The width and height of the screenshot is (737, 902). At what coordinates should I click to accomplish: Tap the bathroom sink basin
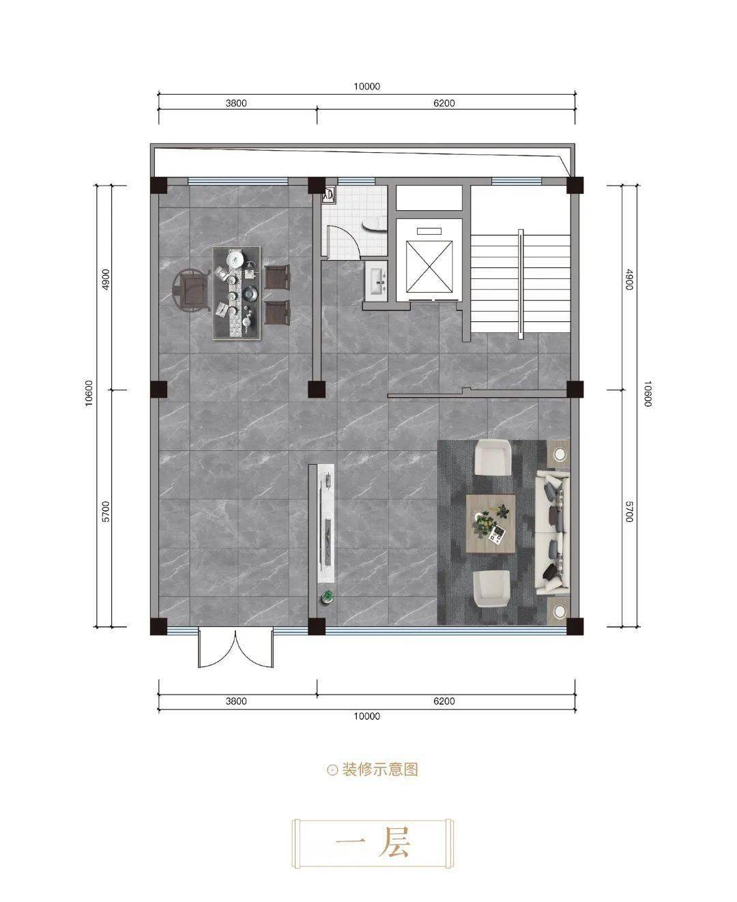pos(377,278)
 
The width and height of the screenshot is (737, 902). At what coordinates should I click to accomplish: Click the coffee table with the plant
pos(491,523)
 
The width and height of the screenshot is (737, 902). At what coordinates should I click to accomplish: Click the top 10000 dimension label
pos(366,87)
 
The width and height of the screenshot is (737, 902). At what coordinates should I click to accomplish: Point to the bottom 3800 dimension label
pos(236,701)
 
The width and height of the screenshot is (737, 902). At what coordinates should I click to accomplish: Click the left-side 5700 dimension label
pos(106,512)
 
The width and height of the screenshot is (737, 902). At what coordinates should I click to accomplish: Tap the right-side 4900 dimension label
pos(628,279)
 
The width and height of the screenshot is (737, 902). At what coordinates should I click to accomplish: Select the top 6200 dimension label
pos(444,103)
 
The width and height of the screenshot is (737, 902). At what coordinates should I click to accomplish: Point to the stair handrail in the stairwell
pos(521,284)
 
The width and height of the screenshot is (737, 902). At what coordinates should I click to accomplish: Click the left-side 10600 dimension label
pos(89,393)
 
